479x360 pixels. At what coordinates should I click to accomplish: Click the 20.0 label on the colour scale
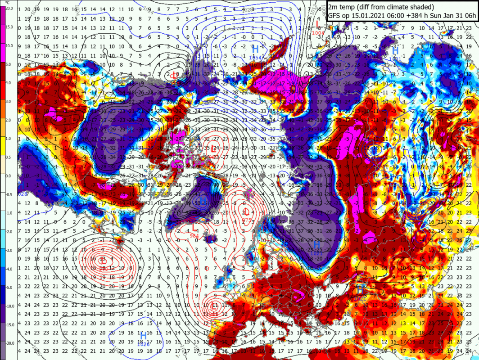[9, 9]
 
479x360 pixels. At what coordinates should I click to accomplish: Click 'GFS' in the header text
[335, 16]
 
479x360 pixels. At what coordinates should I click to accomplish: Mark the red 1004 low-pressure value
[319, 32]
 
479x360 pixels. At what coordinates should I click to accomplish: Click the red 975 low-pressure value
[246, 220]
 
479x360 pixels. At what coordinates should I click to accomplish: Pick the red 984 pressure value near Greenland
[194, 235]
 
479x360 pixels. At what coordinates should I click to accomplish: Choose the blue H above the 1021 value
[317, 245]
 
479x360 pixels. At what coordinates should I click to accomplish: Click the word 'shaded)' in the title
[421, 7]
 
